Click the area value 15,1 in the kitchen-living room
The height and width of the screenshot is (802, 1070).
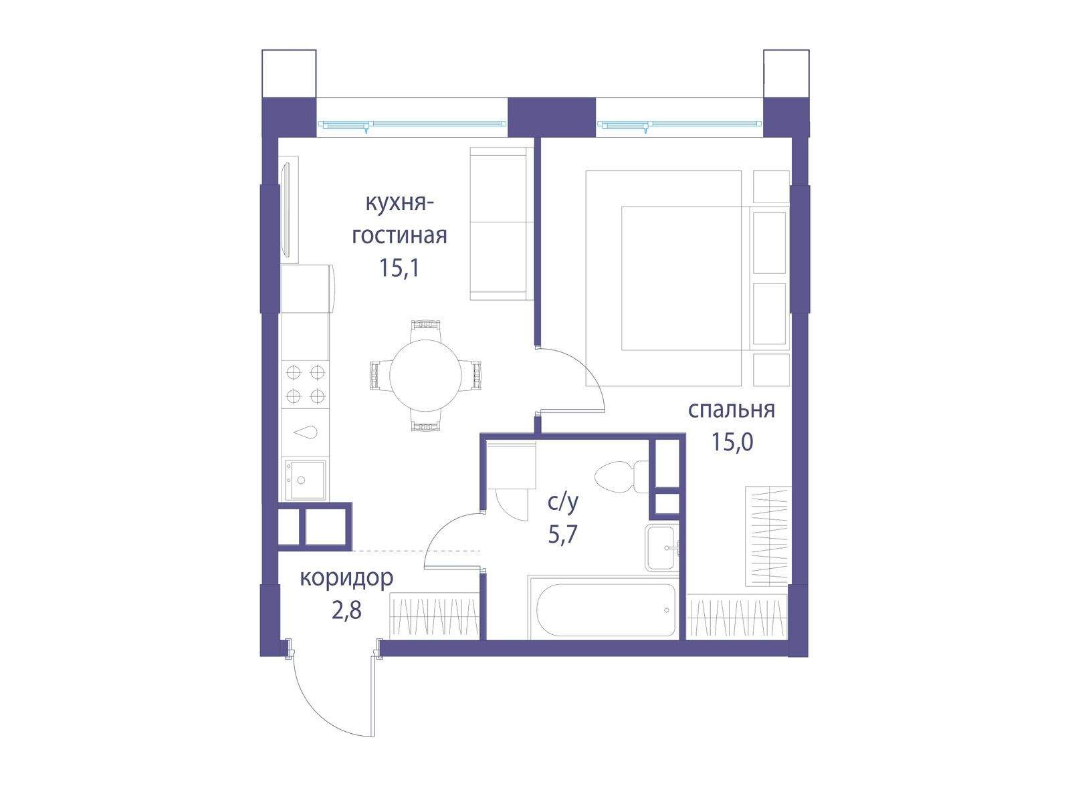pyautogui.click(x=399, y=268)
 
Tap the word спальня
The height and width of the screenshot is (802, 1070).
pyautogui.click(x=731, y=410)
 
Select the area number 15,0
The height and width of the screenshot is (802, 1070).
pyautogui.click(x=732, y=442)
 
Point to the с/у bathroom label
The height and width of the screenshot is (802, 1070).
pyautogui.click(x=562, y=503)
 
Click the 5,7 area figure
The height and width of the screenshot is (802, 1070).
pyautogui.click(x=563, y=535)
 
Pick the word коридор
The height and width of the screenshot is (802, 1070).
pyautogui.click(x=346, y=579)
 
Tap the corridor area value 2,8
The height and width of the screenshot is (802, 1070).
pyautogui.click(x=346, y=610)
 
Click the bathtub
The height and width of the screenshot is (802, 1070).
pyautogui.click(x=603, y=608)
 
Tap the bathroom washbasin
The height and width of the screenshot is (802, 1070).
pyautogui.click(x=662, y=548)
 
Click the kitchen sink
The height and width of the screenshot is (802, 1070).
pyautogui.click(x=305, y=480)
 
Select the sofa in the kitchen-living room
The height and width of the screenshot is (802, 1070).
pyautogui.click(x=502, y=223)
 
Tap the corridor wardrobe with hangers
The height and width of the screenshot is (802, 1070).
pyautogui.click(x=434, y=616)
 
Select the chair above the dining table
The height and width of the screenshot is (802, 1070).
pyautogui.click(x=425, y=331)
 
